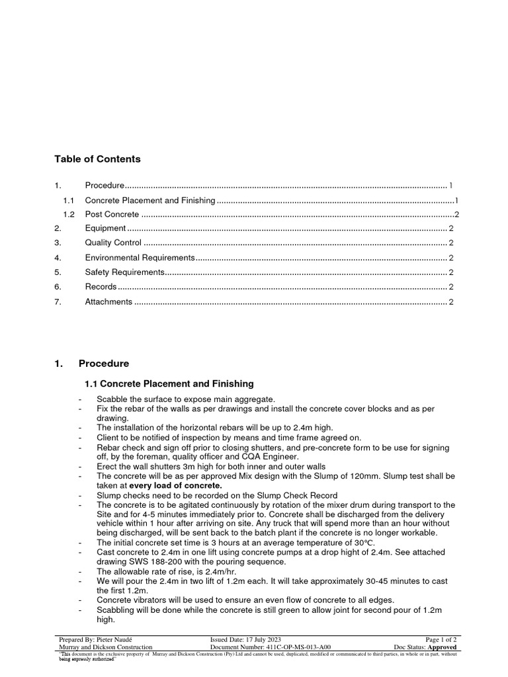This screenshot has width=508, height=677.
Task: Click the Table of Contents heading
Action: point(97,159)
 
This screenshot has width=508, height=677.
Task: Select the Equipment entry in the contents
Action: point(105,229)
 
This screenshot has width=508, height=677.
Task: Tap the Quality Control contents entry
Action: point(113,243)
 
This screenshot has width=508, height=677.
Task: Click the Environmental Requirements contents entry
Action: point(140,258)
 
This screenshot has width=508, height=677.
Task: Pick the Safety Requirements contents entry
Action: point(124,272)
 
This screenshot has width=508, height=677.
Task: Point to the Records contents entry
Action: point(101,287)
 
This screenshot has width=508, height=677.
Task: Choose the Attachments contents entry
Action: point(108,302)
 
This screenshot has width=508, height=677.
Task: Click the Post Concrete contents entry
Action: point(112,214)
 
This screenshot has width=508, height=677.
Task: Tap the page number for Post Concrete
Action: point(456,214)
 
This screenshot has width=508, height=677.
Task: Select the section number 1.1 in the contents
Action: point(69,200)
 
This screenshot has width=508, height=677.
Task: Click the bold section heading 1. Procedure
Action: point(104,364)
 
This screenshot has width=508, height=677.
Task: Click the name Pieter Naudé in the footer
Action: point(119,640)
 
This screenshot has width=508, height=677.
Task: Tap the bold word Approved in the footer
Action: point(442,648)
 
